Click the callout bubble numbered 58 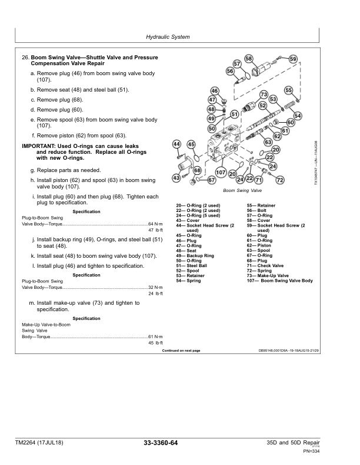(249, 59)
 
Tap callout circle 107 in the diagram (221, 173)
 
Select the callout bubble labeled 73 (264, 95)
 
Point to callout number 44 (176, 144)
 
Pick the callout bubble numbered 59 (293, 59)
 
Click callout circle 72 (280, 180)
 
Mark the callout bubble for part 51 (235, 114)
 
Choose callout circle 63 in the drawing (268, 142)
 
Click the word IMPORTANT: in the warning (38, 146)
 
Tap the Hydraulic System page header (168, 37)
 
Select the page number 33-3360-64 (161, 443)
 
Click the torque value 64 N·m (156, 224)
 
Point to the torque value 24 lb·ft (156, 294)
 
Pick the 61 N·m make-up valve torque (156, 336)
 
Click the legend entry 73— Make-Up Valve (268, 275)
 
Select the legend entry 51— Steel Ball (192, 266)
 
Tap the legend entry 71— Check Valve (265, 266)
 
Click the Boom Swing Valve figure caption (242, 190)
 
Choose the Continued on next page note (181, 351)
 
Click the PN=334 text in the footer (312, 451)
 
